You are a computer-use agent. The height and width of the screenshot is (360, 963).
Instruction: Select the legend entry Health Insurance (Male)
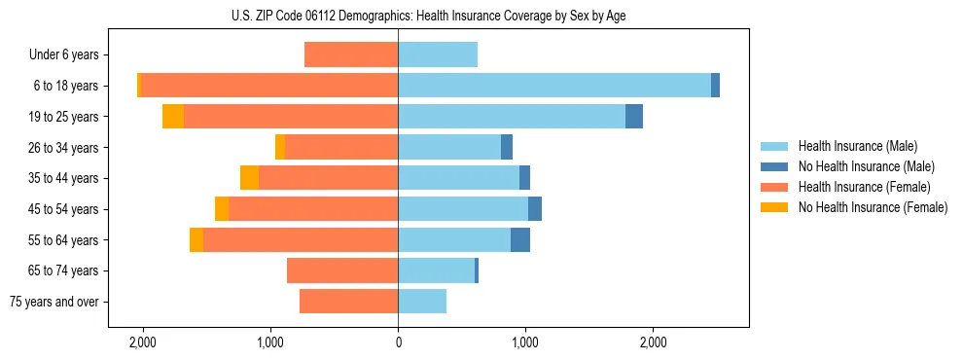pyautogui.click(x=857, y=147)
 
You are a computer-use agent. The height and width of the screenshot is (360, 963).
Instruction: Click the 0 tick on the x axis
pyautogui.click(x=398, y=342)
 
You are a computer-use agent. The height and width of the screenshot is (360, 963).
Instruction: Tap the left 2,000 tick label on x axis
pyautogui.click(x=143, y=342)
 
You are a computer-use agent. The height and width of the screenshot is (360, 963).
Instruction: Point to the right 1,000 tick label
pyautogui.click(x=525, y=342)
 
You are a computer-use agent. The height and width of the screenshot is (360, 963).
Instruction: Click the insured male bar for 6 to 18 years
pyautogui.click(x=554, y=86)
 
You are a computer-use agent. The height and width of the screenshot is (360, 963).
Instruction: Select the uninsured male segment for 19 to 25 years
pyautogui.click(x=634, y=117)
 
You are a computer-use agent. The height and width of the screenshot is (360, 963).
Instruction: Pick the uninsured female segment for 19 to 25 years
pyautogui.click(x=173, y=117)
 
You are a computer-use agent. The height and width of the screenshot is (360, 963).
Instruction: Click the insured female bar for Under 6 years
pyautogui.click(x=351, y=54)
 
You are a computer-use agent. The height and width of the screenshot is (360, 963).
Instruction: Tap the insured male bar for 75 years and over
pyautogui.click(x=422, y=302)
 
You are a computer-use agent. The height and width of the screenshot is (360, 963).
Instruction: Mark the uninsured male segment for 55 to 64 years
pyautogui.click(x=520, y=239)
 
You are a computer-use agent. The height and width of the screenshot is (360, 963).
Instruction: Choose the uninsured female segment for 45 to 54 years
pyautogui.click(x=222, y=209)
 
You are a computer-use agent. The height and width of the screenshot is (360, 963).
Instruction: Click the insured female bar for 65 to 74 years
pyautogui.click(x=342, y=270)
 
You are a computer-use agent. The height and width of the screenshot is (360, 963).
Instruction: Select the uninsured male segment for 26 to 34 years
pyautogui.click(x=507, y=147)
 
